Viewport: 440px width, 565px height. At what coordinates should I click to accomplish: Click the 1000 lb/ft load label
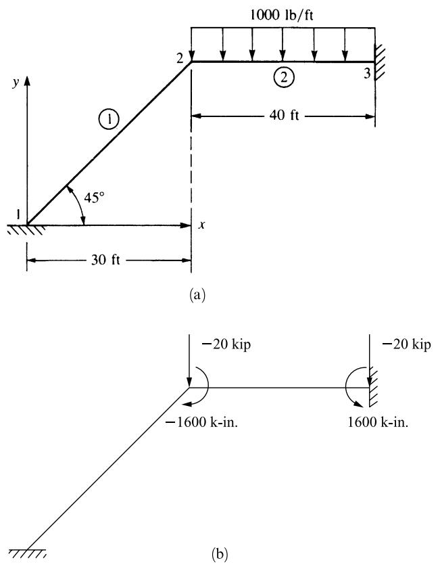tap(281, 15)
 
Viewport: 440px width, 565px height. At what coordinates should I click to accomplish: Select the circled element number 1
tap(109, 120)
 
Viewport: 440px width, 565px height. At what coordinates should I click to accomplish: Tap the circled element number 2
tap(284, 77)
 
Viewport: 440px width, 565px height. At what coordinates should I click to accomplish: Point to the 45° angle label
tap(94, 197)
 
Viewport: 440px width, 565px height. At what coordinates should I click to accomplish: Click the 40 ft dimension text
tap(284, 115)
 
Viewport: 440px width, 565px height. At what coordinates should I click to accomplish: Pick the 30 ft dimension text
tap(105, 259)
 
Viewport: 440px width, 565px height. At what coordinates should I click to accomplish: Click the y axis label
tap(15, 83)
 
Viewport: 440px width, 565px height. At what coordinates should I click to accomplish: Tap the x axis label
tap(202, 225)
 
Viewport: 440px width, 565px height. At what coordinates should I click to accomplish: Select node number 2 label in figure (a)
tap(180, 58)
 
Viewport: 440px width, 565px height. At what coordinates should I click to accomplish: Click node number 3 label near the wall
tap(366, 73)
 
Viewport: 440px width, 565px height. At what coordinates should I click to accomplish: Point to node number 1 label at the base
tap(18, 214)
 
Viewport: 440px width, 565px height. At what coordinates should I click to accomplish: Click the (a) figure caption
tap(197, 295)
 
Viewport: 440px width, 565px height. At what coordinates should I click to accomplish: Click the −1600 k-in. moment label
tap(202, 422)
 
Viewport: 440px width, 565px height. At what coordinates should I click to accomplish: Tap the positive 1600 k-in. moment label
tap(378, 422)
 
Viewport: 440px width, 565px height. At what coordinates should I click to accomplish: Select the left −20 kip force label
tap(226, 344)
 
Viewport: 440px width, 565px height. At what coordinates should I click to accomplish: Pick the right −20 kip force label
tap(406, 344)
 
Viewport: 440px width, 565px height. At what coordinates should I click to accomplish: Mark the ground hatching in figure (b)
tap(27, 553)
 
